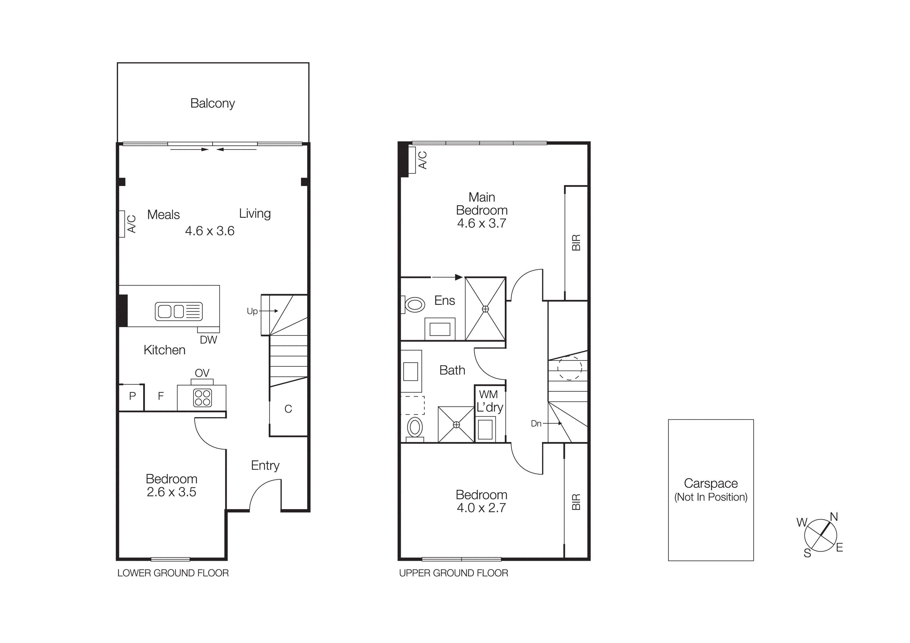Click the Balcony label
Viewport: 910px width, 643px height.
[x=212, y=103]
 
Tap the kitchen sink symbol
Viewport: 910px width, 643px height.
[x=179, y=312]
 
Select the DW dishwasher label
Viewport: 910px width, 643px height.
[x=209, y=340]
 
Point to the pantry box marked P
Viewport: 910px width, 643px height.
[x=132, y=396]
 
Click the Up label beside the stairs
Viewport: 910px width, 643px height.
[x=252, y=312]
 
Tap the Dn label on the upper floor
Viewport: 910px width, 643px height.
[x=536, y=424]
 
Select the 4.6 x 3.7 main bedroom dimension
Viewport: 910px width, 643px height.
[x=481, y=223]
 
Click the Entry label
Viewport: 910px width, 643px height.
[x=265, y=466]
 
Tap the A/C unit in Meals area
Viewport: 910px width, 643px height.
[x=122, y=224]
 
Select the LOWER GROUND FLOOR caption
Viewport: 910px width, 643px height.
[x=173, y=573]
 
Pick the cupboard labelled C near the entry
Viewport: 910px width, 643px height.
[x=288, y=409]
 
